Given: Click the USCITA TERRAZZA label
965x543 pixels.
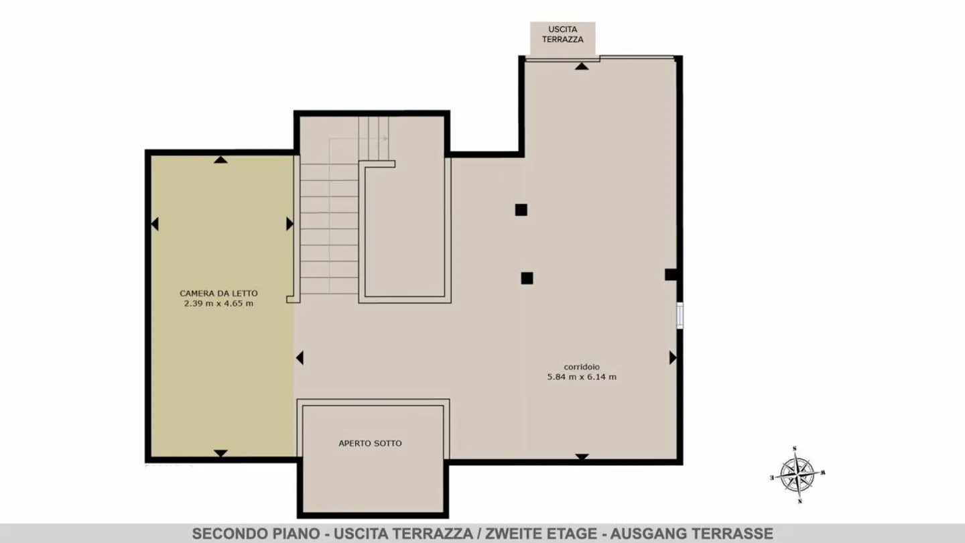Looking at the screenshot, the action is click(563, 34).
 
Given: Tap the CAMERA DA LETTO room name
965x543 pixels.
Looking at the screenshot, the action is click(219, 293).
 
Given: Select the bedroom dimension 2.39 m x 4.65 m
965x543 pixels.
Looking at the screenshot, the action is click(219, 304).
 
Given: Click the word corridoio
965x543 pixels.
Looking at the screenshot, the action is click(582, 367).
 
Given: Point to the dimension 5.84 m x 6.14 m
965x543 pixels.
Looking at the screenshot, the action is click(582, 377).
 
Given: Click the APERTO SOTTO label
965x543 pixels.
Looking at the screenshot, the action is click(370, 443).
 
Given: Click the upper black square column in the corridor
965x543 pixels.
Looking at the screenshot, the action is click(521, 210).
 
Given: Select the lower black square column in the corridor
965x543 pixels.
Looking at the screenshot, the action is click(527, 278).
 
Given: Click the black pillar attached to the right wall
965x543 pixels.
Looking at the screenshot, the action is click(671, 275).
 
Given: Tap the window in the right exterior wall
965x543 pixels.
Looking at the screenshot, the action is click(680, 316).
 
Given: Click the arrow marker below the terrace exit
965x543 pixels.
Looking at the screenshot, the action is click(582, 66).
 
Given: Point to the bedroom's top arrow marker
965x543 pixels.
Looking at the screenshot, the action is click(220, 160).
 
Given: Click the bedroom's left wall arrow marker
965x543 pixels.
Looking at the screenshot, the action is click(155, 224).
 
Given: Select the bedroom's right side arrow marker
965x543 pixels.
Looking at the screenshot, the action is click(290, 224).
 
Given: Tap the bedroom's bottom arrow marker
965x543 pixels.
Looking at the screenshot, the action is click(220, 453).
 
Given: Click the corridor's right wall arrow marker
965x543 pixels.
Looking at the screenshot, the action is click(673, 358).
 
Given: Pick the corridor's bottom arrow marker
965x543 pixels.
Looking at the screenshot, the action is click(582, 457).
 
